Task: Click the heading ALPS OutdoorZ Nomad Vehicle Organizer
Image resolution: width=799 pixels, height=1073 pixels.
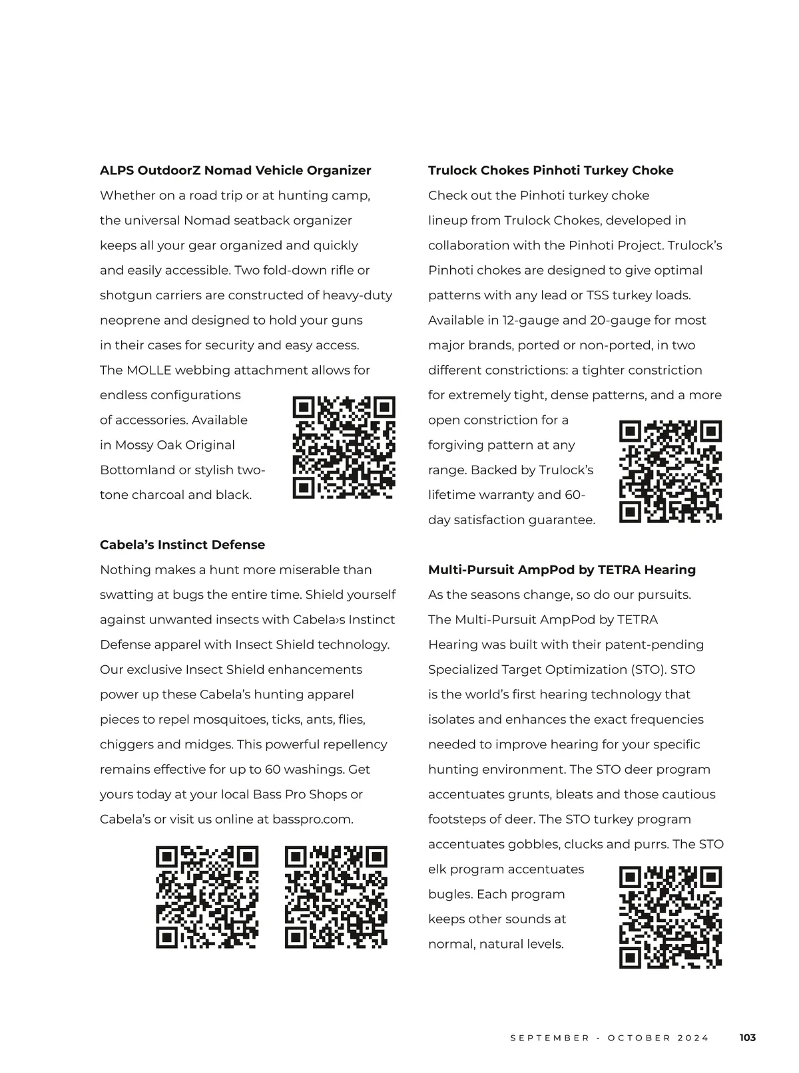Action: pyautogui.click(x=235, y=170)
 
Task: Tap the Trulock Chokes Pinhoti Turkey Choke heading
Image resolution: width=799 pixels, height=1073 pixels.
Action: pyautogui.click(x=551, y=170)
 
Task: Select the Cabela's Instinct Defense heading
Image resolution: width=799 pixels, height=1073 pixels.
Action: pyautogui.click(x=182, y=545)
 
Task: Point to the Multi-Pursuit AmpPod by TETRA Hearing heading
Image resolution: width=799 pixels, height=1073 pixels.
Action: pyautogui.click(x=562, y=569)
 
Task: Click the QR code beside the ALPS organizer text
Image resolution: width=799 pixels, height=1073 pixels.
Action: pyautogui.click(x=344, y=448)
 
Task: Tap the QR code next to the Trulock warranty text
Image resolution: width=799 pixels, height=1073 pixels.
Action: pyautogui.click(x=670, y=472)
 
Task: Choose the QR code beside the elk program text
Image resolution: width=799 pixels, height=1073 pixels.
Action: pyautogui.click(x=670, y=917)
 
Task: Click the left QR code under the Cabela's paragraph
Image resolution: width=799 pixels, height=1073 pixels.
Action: pyautogui.click(x=207, y=897)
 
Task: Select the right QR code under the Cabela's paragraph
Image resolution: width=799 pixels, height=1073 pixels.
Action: pyautogui.click(x=336, y=897)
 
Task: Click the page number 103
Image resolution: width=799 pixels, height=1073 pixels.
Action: pyautogui.click(x=748, y=1038)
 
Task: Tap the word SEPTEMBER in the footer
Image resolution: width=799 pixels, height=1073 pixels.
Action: pyautogui.click(x=550, y=1038)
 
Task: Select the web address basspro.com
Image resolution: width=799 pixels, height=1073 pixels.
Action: pyautogui.click(x=312, y=820)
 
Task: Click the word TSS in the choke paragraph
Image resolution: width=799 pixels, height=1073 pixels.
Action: pyautogui.click(x=597, y=295)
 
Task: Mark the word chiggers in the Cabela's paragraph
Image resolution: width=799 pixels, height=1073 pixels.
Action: pyautogui.click(x=123, y=744)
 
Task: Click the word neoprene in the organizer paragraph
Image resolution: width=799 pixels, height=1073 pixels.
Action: pyautogui.click(x=130, y=321)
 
